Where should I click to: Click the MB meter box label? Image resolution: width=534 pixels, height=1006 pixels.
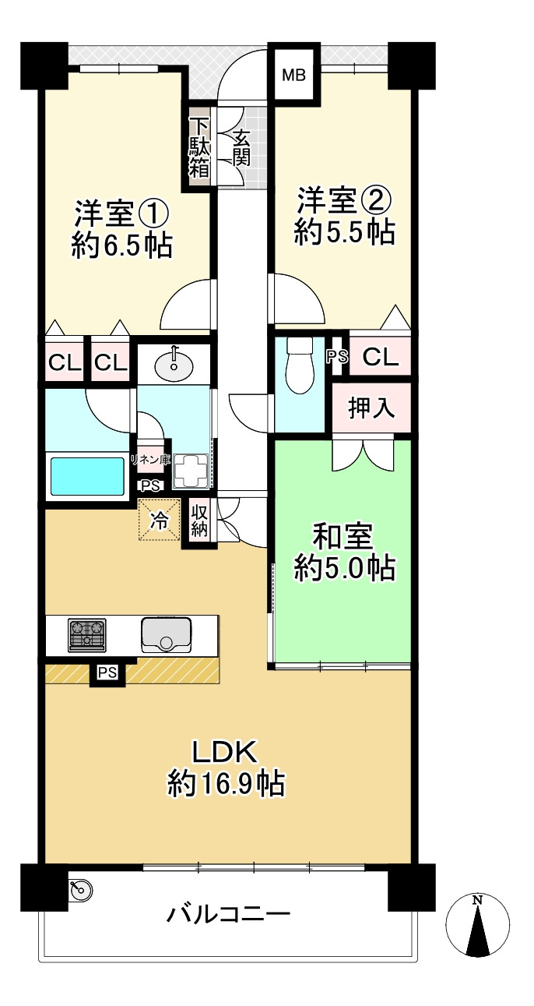(x=293, y=75)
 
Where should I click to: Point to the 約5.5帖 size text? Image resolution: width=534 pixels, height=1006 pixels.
(x=344, y=232)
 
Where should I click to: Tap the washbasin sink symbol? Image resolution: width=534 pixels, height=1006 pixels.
(x=174, y=364)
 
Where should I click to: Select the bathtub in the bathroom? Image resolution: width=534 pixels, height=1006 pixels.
(x=87, y=475)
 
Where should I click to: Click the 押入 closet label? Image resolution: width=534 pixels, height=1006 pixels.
(x=371, y=408)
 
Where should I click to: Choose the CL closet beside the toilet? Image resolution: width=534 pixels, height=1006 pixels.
(x=381, y=358)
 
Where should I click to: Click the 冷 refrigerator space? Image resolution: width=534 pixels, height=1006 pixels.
(x=158, y=521)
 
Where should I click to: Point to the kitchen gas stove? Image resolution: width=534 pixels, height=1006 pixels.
(x=86, y=634)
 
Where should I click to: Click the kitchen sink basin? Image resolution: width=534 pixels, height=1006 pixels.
(x=167, y=634)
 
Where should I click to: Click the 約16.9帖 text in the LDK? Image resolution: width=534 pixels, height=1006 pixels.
(x=226, y=782)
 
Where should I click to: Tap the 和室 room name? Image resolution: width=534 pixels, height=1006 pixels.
(x=343, y=537)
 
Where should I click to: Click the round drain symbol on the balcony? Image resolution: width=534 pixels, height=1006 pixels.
(x=81, y=888)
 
